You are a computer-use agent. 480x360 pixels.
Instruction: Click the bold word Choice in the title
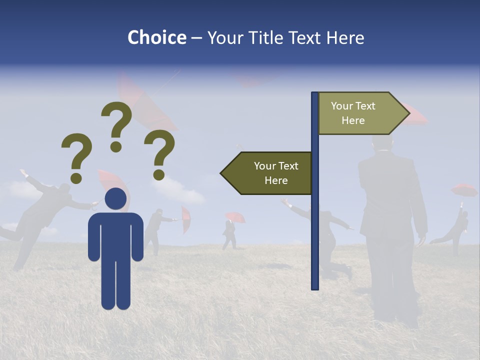pos(156,37)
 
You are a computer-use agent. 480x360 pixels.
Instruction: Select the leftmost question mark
pos(76,157)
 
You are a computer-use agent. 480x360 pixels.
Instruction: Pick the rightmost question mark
pos(159,154)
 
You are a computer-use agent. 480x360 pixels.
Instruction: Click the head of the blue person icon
pos(115,199)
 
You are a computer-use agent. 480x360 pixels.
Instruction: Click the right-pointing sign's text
pos(353,113)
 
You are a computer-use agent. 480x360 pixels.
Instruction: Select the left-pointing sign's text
pos(276,173)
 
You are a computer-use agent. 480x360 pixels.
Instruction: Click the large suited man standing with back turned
pos(392,225)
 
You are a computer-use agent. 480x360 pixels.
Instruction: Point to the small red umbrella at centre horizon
pos(235,216)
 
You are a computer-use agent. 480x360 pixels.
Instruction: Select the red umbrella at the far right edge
pos(464,189)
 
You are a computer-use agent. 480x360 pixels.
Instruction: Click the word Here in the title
pos(345,37)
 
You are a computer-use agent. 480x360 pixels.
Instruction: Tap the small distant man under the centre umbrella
pos(229,234)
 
